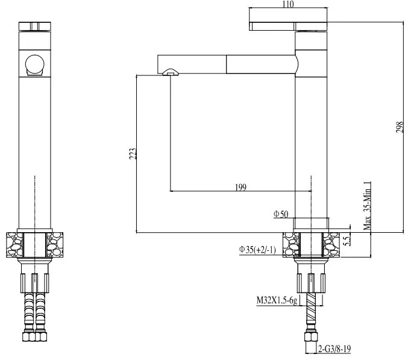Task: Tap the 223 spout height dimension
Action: (x=133, y=153)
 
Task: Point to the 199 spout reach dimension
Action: (x=240, y=188)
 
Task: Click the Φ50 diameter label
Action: (x=281, y=214)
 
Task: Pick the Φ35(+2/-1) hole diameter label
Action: (x=257, y=250)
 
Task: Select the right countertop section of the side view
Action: (x=334, y=245)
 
